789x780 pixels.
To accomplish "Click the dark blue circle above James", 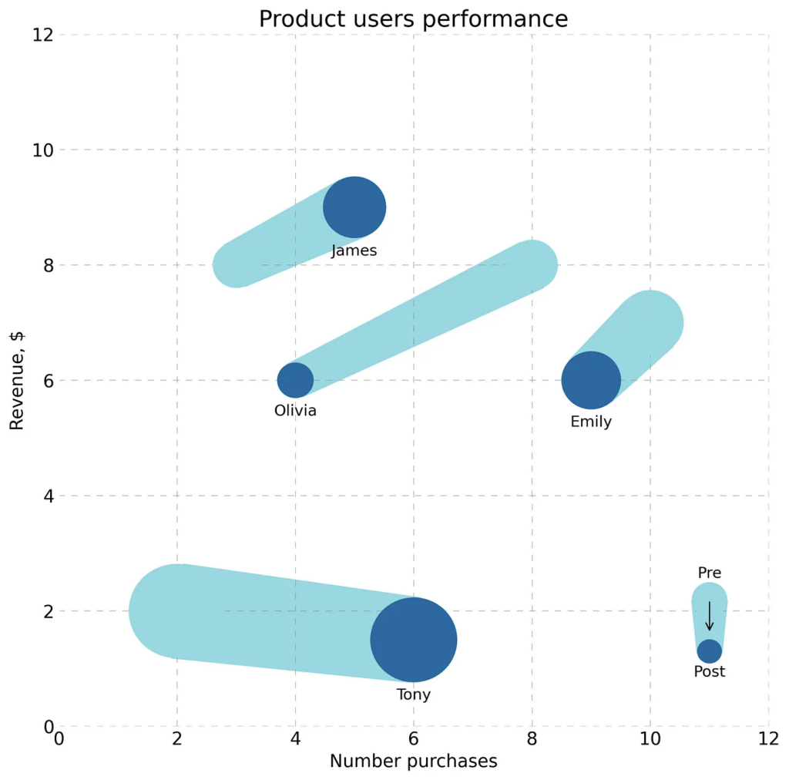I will [354, 207].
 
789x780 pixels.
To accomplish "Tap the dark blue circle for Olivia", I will [295, 380].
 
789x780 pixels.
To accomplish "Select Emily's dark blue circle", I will [591, 380].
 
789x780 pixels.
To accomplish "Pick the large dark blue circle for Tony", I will [414, 640].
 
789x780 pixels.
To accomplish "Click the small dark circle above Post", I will [709, 651].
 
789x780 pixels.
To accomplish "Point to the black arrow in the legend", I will [709, 616].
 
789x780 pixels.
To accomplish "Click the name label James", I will [354, 250].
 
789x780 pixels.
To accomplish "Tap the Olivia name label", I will [295, 411].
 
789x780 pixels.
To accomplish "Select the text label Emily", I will [591, 422].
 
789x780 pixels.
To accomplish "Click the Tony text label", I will [414, 694].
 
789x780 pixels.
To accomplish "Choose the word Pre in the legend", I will [709, 573].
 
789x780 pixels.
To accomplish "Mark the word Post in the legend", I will [709, 672].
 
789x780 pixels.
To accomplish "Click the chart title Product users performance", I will [413, 18].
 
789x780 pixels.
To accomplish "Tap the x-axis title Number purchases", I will [413, 762].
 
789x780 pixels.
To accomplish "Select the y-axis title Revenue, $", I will [18, 381].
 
